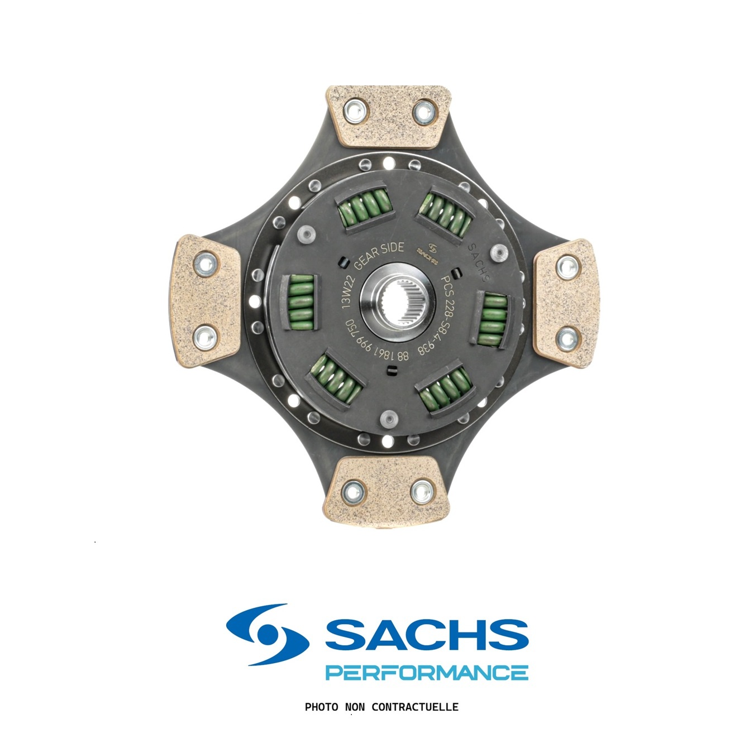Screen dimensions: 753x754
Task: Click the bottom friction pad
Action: (x=386, y=489)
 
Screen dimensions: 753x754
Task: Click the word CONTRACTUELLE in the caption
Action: (x=414, y=707)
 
